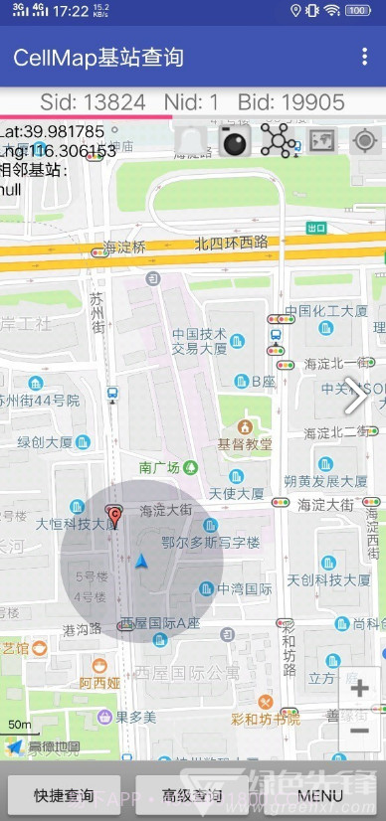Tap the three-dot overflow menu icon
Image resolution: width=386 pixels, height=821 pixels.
coord(365,57)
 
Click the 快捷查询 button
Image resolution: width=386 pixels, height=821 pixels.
coord(65,795)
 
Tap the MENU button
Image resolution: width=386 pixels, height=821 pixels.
coord(320,795)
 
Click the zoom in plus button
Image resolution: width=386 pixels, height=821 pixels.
coord(359,688)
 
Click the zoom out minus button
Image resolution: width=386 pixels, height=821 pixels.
coord(359,731)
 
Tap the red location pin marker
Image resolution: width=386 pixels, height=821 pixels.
coord(114,516)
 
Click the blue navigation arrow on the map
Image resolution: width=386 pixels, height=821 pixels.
coord(142,562)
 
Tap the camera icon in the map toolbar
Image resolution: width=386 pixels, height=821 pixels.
coord(236,142)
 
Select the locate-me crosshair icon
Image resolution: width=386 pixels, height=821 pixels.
coord(365,141)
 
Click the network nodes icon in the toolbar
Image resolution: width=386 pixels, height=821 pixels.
coord(278,141)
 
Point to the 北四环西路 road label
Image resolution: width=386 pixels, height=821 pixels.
coord(231,242)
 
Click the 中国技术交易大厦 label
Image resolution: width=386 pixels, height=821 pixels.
coord(200,341)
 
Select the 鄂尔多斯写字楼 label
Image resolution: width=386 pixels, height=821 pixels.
coord(210,543)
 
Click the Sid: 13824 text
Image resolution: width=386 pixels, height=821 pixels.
coord(93,101)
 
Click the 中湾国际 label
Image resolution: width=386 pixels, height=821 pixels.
coord(245,588)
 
